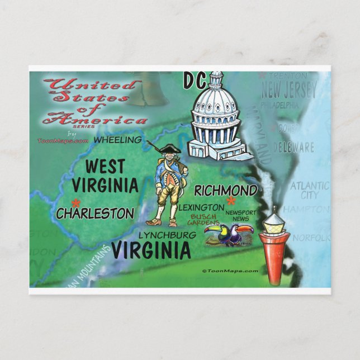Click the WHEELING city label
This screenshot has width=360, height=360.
coord(117,140)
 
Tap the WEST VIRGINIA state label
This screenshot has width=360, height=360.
coord(112,176)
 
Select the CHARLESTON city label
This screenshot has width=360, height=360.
coord(95,213)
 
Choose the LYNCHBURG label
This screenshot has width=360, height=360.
coord(167,235)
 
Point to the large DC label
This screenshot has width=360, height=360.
coord(193,81)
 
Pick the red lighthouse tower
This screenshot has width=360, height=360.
coord(274,257)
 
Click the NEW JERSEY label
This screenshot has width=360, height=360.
coord(288,89)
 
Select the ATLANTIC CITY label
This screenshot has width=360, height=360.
coord(305,190)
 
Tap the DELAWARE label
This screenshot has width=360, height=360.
coord(294,148)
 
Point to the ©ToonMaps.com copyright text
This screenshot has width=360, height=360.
coord(230,271)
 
